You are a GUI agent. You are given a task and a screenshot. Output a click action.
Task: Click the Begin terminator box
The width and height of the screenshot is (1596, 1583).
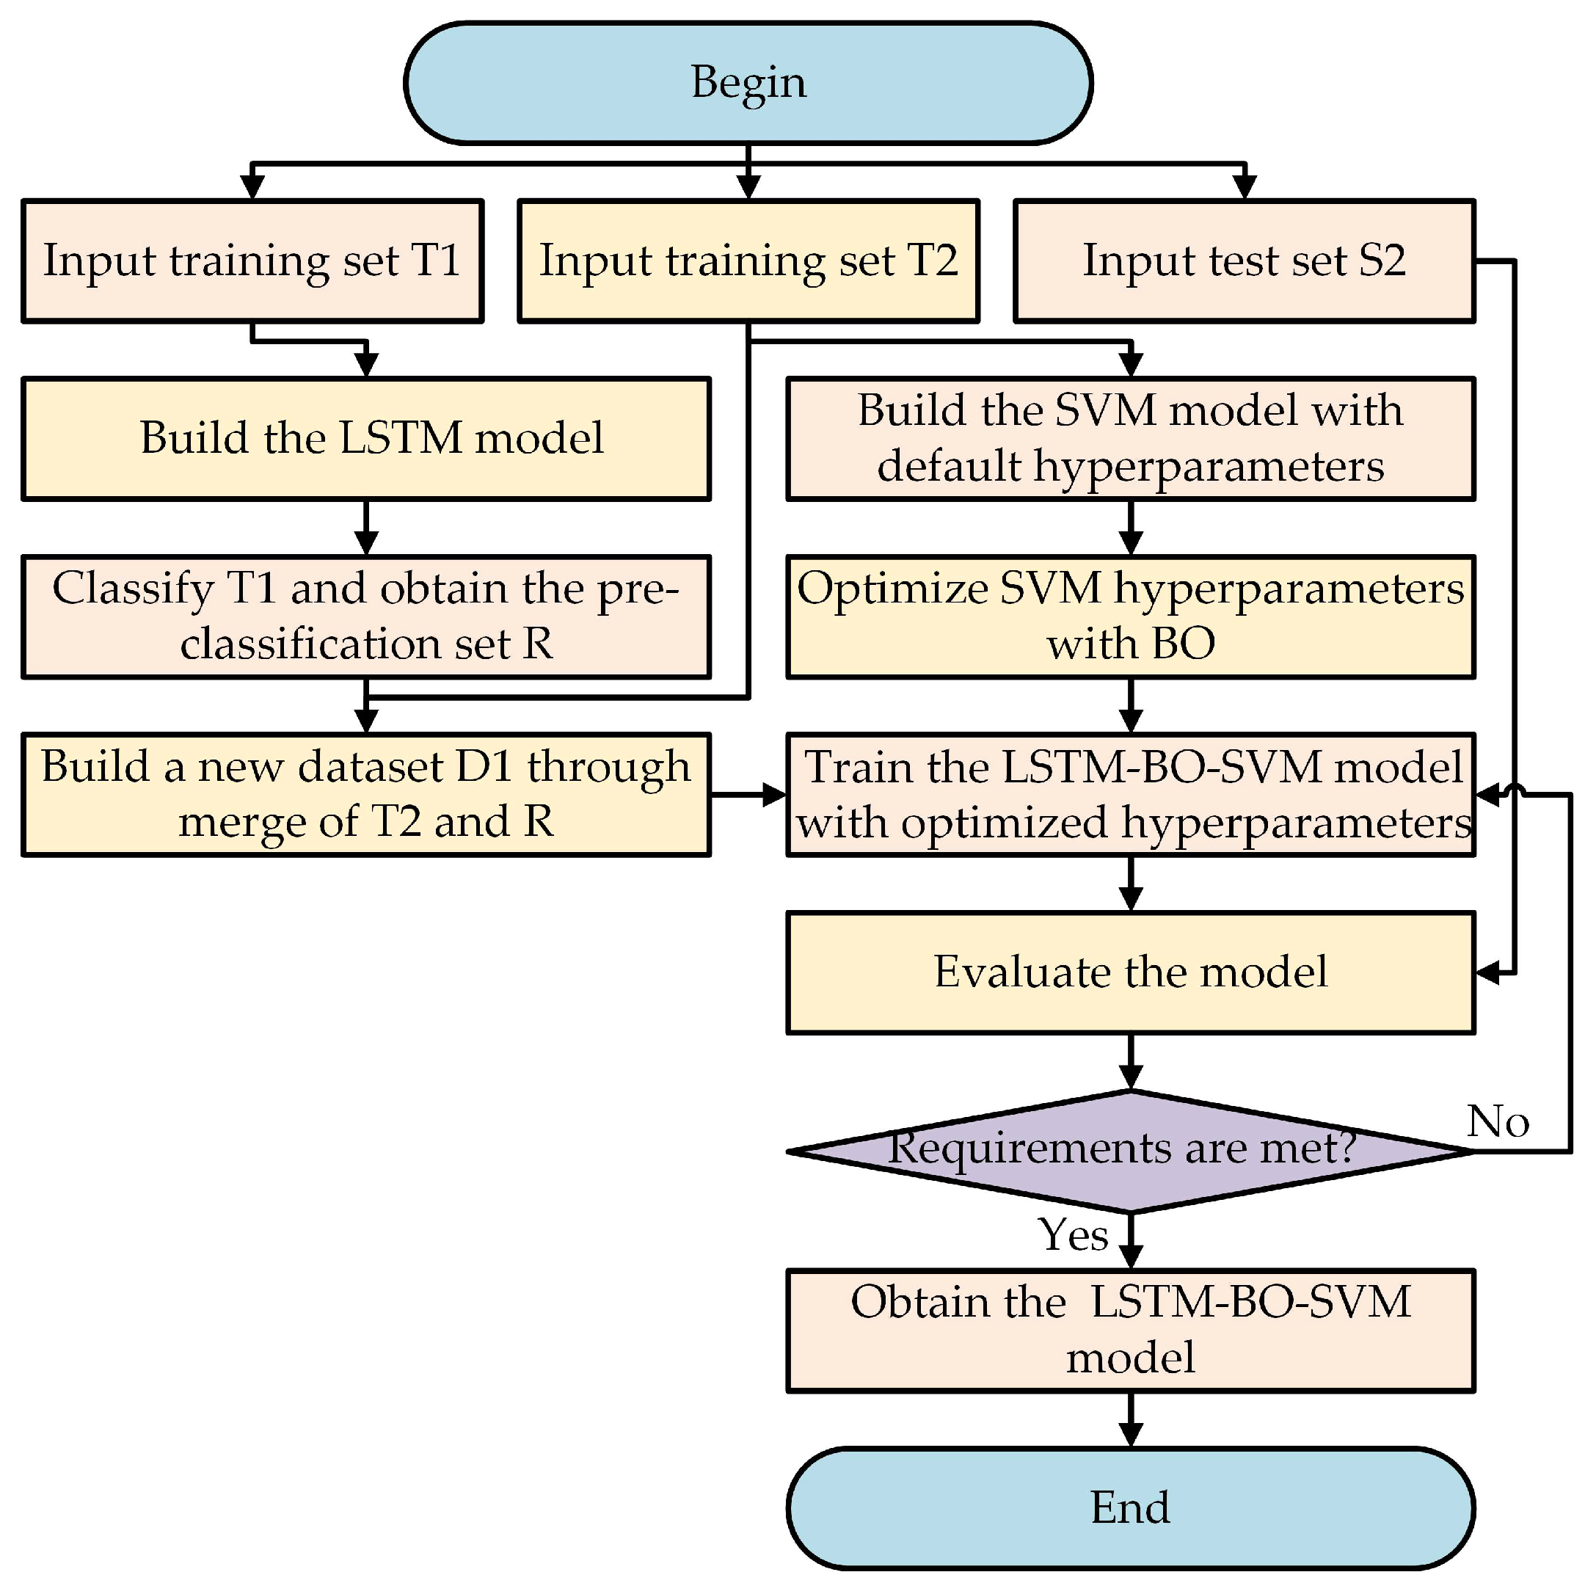748,83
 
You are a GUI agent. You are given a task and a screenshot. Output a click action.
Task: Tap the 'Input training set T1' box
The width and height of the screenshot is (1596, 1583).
252,261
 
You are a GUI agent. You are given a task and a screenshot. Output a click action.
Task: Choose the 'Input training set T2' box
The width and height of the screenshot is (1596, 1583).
748,261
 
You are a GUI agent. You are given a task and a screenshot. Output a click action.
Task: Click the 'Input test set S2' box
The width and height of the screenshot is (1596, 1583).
1243,261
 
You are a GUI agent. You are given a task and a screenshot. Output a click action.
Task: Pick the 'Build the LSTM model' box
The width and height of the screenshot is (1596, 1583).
365,438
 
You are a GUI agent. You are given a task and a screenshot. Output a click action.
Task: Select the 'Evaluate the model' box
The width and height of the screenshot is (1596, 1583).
1129,972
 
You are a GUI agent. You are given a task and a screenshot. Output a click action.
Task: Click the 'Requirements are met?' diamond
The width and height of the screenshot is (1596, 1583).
1129,1150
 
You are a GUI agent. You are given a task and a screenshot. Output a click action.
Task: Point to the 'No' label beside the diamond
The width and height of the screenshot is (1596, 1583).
1497,1121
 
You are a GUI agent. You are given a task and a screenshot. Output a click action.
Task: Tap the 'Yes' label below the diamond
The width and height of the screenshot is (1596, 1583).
1073,1234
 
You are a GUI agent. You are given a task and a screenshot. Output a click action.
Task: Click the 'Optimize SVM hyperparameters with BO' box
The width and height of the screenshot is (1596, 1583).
1129,616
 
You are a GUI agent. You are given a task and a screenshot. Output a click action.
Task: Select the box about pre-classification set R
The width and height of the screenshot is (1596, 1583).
365,616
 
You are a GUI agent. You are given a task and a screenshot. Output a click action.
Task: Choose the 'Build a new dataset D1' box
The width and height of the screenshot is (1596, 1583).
365,794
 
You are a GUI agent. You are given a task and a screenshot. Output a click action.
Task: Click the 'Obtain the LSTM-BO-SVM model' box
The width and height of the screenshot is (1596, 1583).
1129,1331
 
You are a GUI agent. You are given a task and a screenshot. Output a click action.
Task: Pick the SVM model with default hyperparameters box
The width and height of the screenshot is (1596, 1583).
1129,438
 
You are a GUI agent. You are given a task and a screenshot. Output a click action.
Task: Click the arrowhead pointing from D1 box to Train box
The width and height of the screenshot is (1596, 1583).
775,795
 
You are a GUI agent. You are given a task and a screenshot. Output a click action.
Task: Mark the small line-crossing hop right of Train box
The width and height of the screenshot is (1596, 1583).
1515,790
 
